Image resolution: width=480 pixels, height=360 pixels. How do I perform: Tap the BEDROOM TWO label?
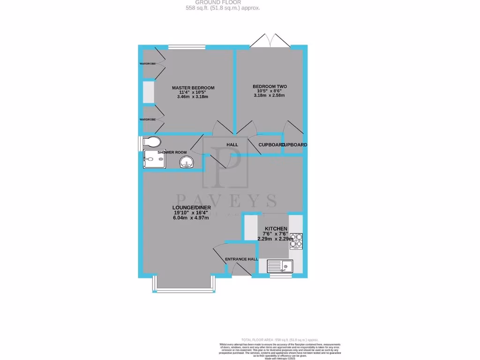270,86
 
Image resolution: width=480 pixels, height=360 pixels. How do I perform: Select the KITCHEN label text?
276,228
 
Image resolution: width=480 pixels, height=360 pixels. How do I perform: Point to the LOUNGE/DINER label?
192,208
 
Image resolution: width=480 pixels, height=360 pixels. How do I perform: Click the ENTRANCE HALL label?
241,259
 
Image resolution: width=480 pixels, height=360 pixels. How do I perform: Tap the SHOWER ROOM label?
172,152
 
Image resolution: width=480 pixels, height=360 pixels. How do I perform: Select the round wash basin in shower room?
187,162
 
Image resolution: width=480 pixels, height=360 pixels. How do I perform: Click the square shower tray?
154,159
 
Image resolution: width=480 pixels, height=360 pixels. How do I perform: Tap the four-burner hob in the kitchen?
296,240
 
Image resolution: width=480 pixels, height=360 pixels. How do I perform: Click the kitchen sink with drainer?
279,267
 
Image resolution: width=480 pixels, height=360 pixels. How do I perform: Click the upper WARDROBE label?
147,63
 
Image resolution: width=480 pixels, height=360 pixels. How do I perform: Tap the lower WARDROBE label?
147,120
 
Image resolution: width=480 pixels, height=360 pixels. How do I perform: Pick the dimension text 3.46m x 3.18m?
193,97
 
